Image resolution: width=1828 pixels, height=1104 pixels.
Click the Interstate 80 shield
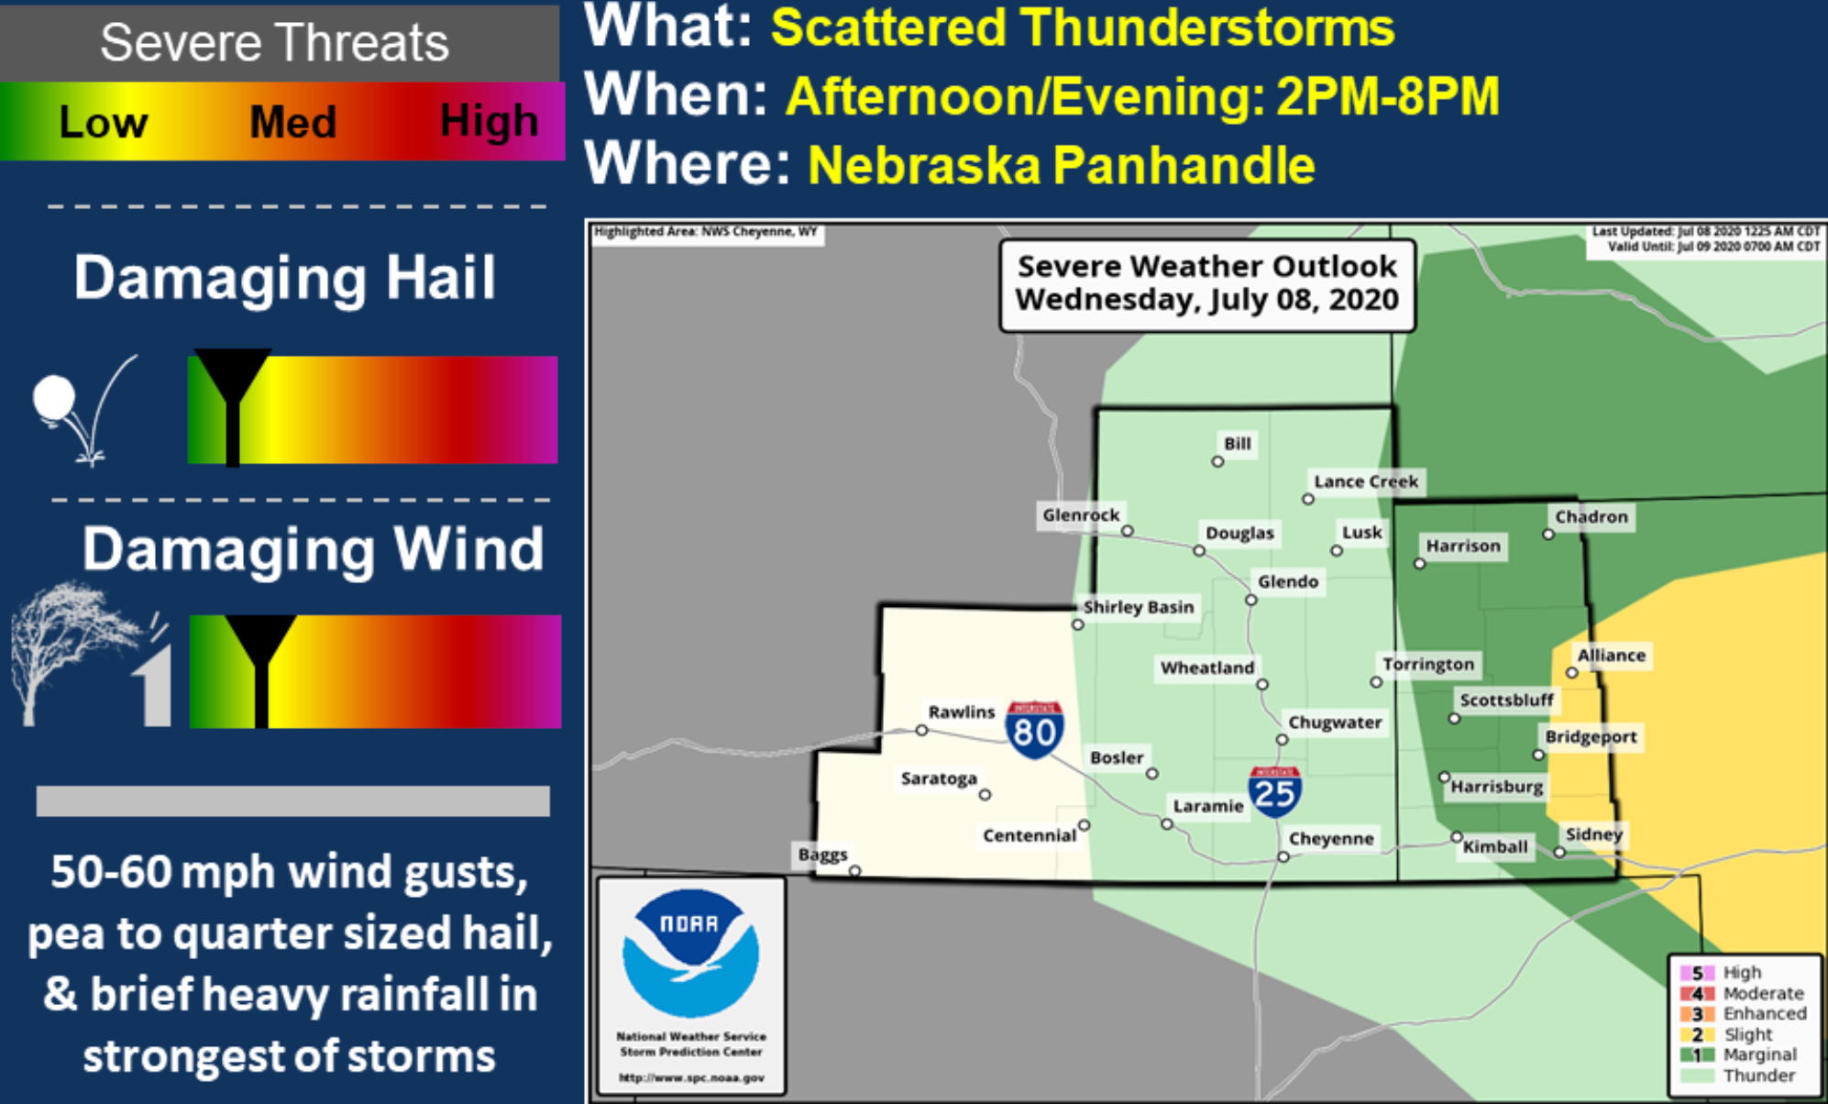pos(1034,731)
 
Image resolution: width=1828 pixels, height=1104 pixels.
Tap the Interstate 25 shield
pos(1274,791)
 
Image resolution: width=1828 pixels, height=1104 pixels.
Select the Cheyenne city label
pos(1331,838)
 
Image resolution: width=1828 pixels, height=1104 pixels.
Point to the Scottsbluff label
pos(1506,700)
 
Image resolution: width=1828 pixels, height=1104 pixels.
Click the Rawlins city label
pos(961,712)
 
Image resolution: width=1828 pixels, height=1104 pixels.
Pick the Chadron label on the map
pos(1591,516)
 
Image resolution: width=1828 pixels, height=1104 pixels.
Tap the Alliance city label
pos(1611,655)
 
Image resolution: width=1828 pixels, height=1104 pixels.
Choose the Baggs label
pos(822,855)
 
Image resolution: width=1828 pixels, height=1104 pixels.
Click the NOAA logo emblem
pos(691,953)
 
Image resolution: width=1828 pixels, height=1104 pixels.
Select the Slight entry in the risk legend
pos(1747,1034)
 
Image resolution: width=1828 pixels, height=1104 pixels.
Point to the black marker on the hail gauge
pos(233,403)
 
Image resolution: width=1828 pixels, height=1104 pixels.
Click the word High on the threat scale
pos(489,121)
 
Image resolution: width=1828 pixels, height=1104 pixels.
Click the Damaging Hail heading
pos(285,278)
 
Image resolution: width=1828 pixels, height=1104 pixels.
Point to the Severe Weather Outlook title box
pos(1207,283)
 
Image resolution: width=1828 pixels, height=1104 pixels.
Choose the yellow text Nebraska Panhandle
pos(1062,165)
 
